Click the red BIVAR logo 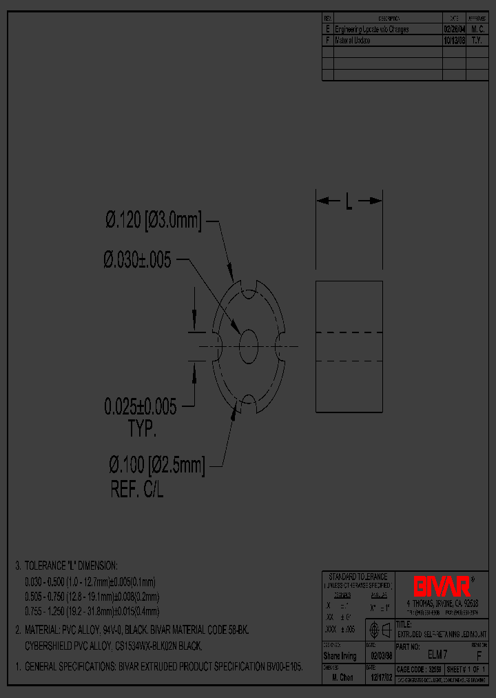tap(442, 587)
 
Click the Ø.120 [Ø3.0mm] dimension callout tap(153, 221)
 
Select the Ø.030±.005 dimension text tap(137, 260)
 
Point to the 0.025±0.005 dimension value tap(140, 407)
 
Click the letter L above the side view tap(349, 202)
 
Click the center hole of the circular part tap(247, 343)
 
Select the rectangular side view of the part tap(349, 346)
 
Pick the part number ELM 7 tap(438, 653)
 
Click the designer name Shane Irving tap(340, 656)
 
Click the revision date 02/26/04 tap(453, 30)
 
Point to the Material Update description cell tap(353, 41)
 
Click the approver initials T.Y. tap(477, 41)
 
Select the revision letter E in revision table tap(327, 30)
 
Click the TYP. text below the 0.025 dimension tap(142, 430)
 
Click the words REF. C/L tap(137, 490)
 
